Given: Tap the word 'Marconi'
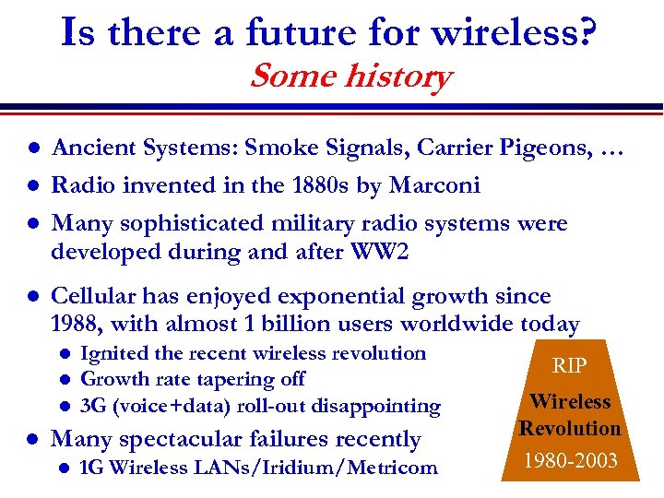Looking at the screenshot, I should (435, 185).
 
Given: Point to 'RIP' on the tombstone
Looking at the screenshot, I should (569, 365).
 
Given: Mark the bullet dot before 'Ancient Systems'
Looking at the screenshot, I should (31, 148).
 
